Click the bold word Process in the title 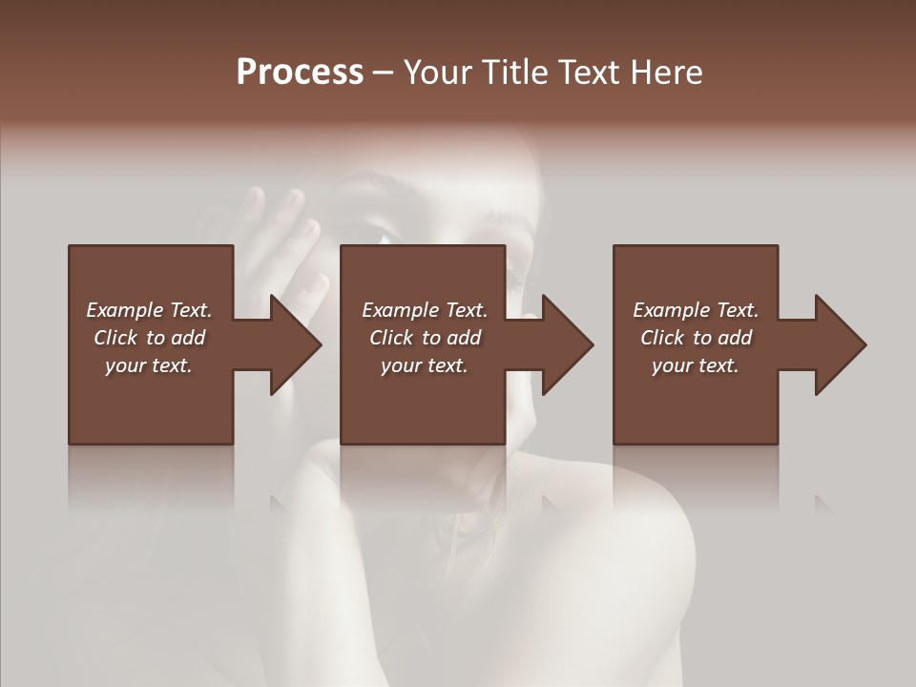pyautogui.click(x=300, y=73)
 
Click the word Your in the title pyautogui.click(x=438, y=73)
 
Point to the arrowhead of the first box pyautogui.click(x=297, y=344)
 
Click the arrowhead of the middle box pyautogui.click(x=569, y=344)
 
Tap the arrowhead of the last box pyautogui.click(x=842, y=344)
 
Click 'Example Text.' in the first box pyautogui.click(x=149, y=310)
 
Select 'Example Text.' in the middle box pyautogui.click(x=425, y=310)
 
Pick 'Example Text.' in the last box pyautogui.click(x=696, y=310)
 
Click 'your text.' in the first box pyautogui.click(x=149, y=365)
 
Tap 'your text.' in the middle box pyautogui.click(x=425, y=365)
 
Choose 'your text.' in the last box pyautogui.click(x=696, y=365)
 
